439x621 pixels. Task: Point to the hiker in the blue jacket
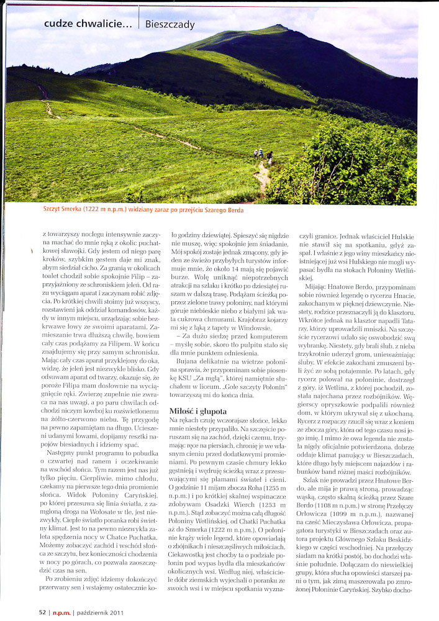click(261, 153)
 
